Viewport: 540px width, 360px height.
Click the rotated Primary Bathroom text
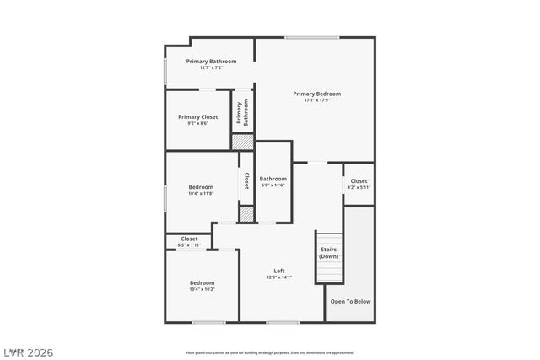242,113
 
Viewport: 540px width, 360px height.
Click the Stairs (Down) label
328,253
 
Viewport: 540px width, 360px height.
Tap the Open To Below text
350,301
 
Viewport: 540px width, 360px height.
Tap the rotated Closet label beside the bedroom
246,180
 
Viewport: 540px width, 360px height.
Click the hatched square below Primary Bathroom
242,142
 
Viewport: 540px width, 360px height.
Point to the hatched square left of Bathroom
246,214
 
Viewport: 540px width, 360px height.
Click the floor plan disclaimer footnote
270,352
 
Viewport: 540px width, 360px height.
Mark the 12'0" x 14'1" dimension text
279,277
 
